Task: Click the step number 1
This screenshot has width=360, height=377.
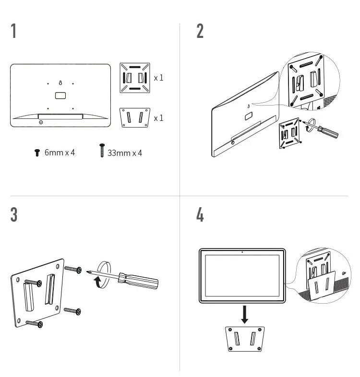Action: pos(14,31)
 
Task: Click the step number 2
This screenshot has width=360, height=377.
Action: pos(200,31)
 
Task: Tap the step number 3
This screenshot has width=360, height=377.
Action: pos(14,214)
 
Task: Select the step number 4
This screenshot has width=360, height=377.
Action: pos(200,214)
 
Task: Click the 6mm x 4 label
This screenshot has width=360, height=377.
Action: pos(60,153)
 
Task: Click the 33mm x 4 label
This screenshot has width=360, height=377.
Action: pos(125,153)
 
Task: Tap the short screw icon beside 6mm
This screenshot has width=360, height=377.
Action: pos(37,153)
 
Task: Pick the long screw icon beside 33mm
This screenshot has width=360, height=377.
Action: pos(102,151)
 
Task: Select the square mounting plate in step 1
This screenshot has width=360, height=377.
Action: pos(134,77)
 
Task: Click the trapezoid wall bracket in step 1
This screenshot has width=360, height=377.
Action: pos(134,118)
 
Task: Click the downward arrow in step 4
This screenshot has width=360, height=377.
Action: pos(245,314)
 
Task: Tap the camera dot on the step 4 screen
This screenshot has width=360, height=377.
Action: pos(243,252)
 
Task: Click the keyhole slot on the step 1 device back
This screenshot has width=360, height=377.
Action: pos(60,83)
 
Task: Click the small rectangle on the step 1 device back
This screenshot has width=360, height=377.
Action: pos(60,95)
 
